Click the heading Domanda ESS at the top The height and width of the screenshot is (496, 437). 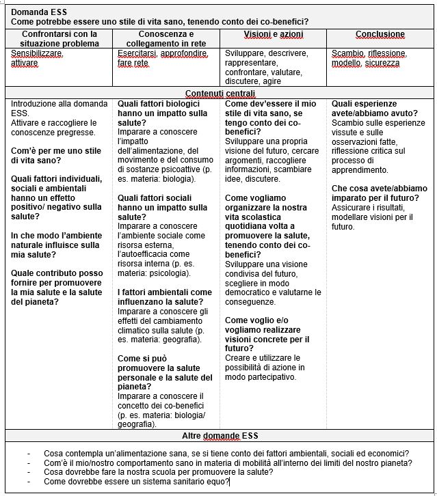click(39, 12)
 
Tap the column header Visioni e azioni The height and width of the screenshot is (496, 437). click(274, 34)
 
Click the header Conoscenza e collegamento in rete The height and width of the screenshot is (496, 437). click(165, 39)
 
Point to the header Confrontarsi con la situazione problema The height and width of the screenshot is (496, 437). click(59, 39)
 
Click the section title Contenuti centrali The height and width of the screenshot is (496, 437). click(220, 94)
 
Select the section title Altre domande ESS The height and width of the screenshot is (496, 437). click(220, 436)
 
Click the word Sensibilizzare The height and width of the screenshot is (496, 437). click(38, 53)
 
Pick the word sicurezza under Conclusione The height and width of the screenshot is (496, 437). click(382, 63)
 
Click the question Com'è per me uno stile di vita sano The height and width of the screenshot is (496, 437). click(56, 156)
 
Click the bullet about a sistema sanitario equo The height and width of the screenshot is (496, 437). click(137, 482)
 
